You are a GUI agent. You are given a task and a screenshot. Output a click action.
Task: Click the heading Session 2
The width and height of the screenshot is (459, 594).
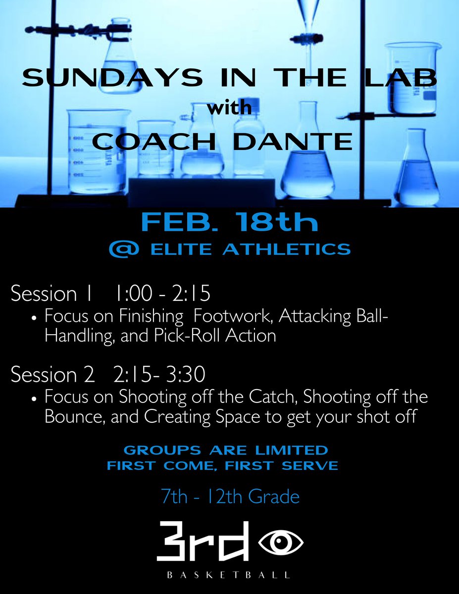point(52,375)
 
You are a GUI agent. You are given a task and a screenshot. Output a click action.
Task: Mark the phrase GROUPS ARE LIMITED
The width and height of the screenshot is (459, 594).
point(225,450)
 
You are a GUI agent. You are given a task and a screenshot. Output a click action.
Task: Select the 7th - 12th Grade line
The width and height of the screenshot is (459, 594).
point(229,496)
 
